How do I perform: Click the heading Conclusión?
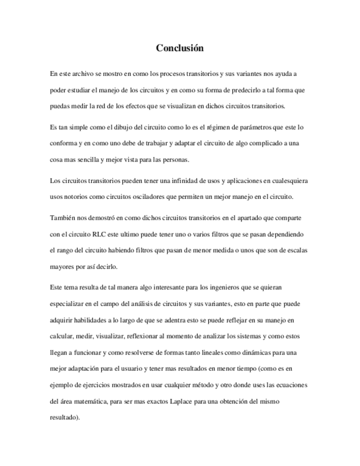(x=180, y=48)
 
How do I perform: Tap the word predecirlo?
(x=232, y=90)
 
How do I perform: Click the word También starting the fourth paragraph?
(x=62, y=218)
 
